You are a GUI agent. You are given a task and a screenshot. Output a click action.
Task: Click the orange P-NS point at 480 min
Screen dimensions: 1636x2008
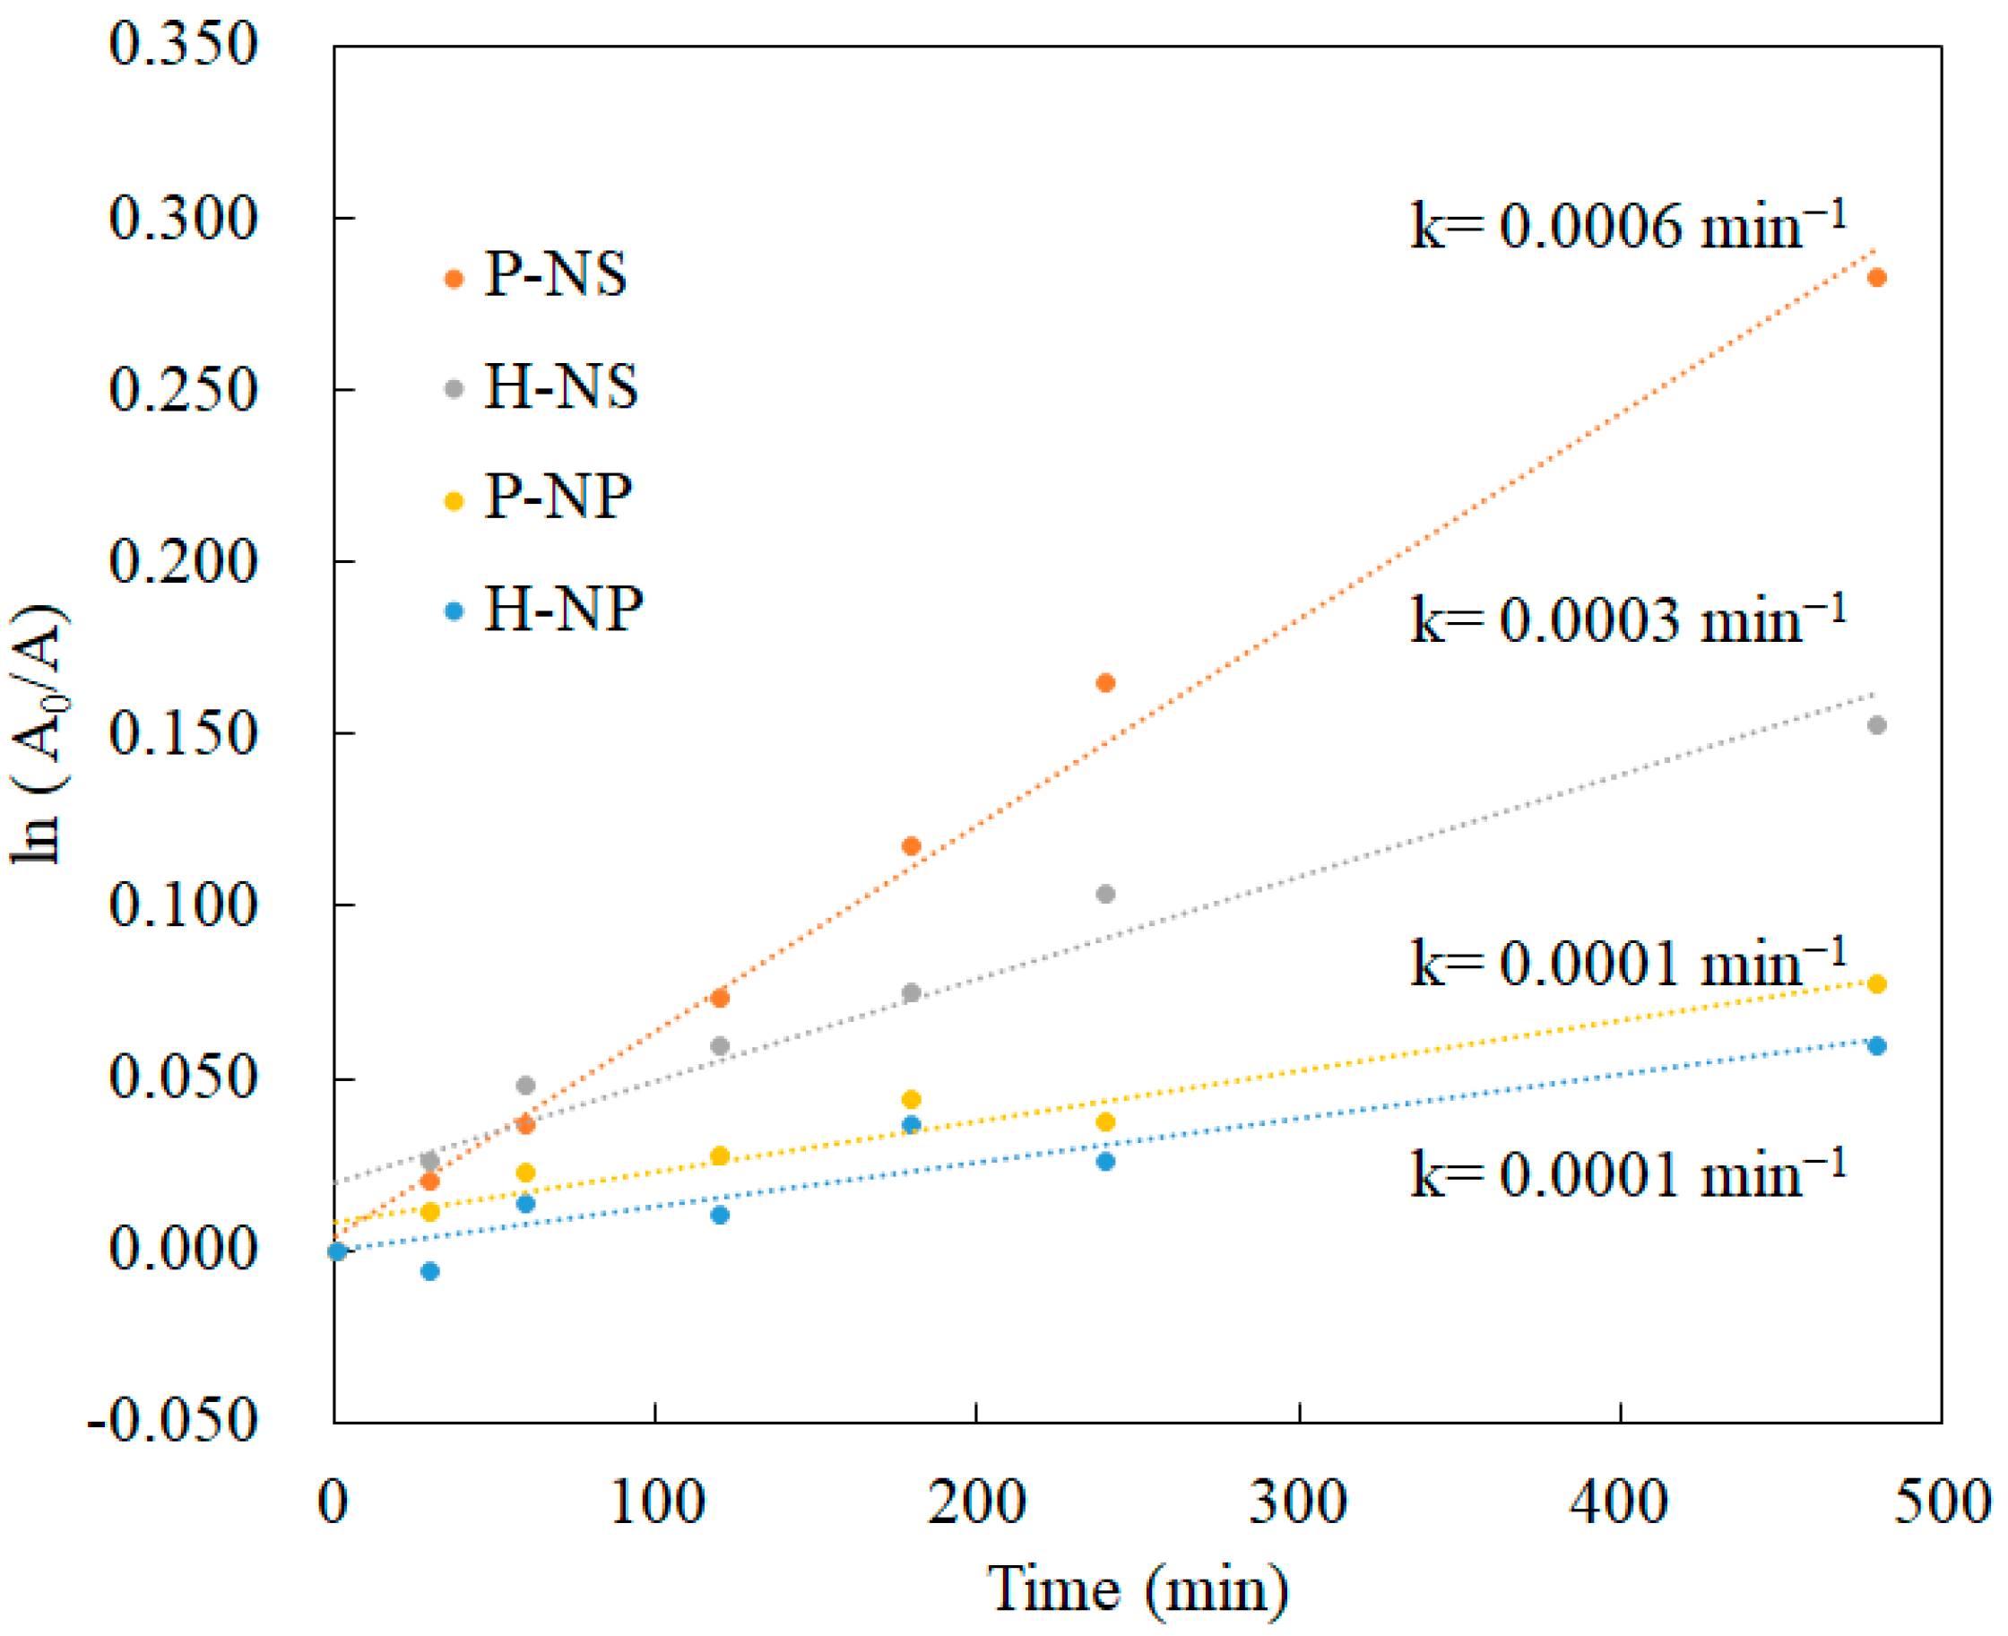(1876, 277)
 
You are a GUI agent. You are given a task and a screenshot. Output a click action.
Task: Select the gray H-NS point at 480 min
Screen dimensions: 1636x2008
(1876, 724)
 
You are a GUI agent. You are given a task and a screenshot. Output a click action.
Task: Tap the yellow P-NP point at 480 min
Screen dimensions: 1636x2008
(1876, 984)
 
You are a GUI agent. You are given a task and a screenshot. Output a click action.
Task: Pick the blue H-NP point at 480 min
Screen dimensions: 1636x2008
(1876, 1045)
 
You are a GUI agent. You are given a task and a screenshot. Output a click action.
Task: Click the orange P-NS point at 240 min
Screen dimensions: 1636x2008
(1105, 682)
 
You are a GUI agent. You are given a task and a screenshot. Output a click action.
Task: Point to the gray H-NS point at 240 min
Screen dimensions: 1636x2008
(1105, 894)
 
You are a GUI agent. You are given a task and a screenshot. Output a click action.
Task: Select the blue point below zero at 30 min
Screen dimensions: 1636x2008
(429, 1271)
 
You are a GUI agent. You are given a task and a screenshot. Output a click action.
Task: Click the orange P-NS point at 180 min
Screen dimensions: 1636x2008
(911, 845)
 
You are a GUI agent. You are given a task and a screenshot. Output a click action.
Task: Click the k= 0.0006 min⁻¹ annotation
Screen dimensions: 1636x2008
(1627, 226)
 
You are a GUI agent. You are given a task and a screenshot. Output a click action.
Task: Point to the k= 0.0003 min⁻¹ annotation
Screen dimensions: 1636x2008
(1627, 620)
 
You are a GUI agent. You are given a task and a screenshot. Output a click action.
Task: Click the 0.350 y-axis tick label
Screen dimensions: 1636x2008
(183, 44)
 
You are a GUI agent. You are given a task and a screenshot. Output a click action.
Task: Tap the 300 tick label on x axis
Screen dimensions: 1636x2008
(1297, 1502)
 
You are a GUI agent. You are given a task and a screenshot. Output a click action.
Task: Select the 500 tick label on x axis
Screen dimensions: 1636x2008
(1941, 1502)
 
